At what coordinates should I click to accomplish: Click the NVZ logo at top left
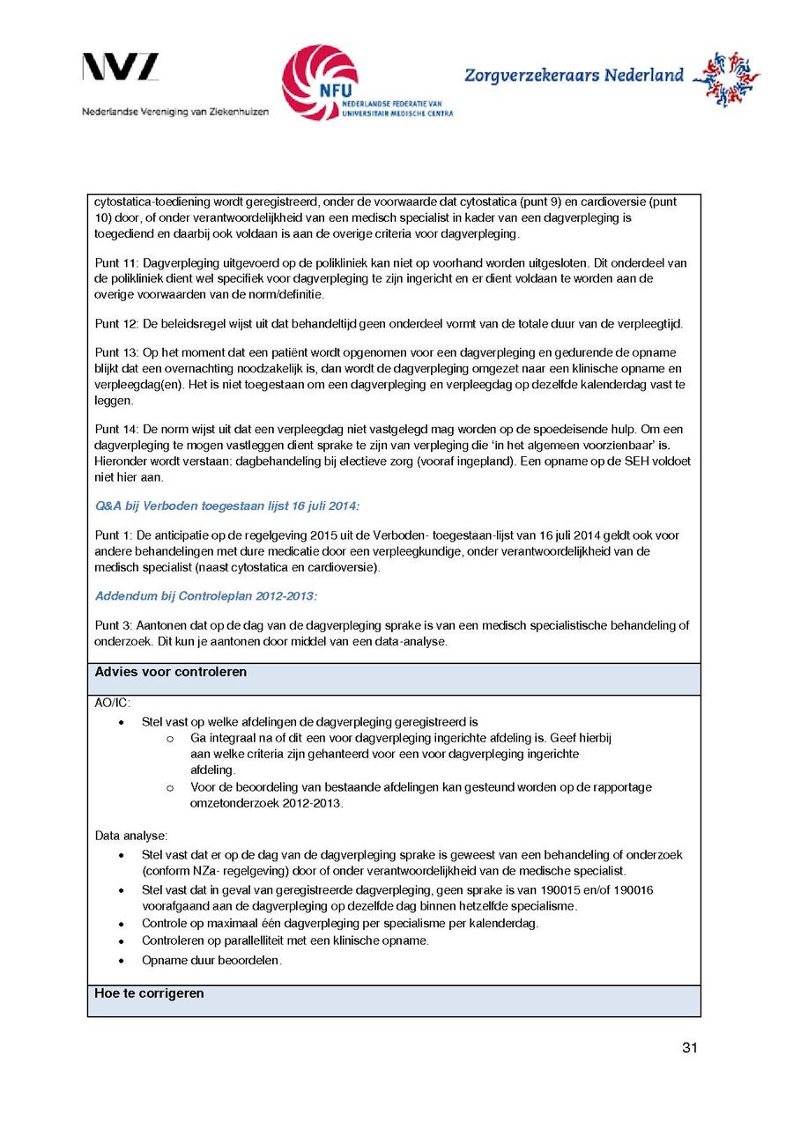(x=121, y=68)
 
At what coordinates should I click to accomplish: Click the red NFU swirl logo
(x=320, y=81)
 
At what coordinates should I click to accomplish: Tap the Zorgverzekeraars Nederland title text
(x=574, y=76)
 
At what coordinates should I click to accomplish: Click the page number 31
(x=690, y=1048)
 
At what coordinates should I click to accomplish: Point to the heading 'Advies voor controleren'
(x=170, y=672)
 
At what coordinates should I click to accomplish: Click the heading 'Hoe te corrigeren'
(x=149, y=993)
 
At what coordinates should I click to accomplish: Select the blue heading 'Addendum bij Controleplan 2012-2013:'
(x=206, y=596)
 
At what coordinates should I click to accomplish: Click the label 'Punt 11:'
(x=116, y=262)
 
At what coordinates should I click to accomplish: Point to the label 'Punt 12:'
(x=116, y=324)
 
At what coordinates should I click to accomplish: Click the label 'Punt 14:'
(x=116, y=430)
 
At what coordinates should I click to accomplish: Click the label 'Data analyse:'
(x=131, y=835)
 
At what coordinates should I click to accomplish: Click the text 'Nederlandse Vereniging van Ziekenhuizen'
(x=175, y=112)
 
